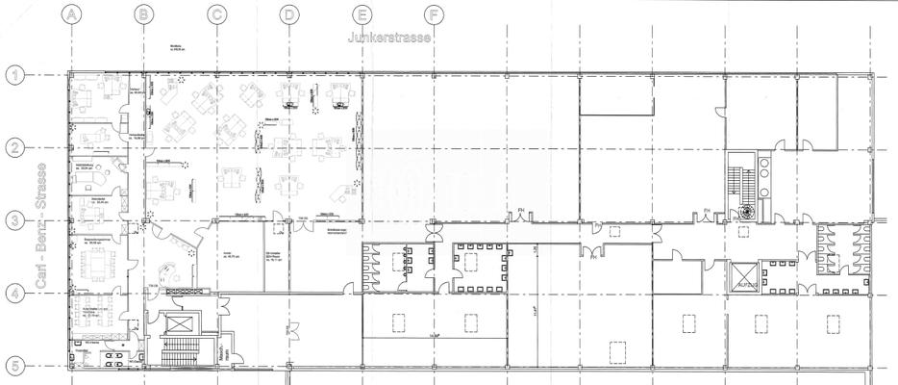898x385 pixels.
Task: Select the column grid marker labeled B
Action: pos(144,14)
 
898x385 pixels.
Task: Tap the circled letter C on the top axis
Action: pos(216,14)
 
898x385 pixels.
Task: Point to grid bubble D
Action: pos(289,14)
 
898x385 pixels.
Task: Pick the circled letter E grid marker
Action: pos(362,14)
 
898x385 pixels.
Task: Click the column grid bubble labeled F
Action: pos(434,14)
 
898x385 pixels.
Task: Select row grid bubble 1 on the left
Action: pos(13,74)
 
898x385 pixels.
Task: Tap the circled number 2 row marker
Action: pos(13,147)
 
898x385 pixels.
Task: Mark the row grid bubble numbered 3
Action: pos(13,220)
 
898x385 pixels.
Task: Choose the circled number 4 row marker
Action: pos(13,293)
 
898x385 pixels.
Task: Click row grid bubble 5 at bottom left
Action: pos(13,366)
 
